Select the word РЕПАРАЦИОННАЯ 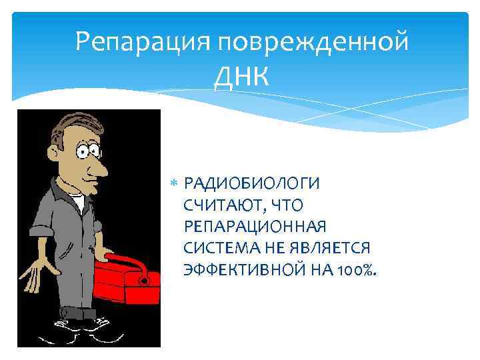click(x=255, y=226)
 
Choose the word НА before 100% click(x=325, y=269)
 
